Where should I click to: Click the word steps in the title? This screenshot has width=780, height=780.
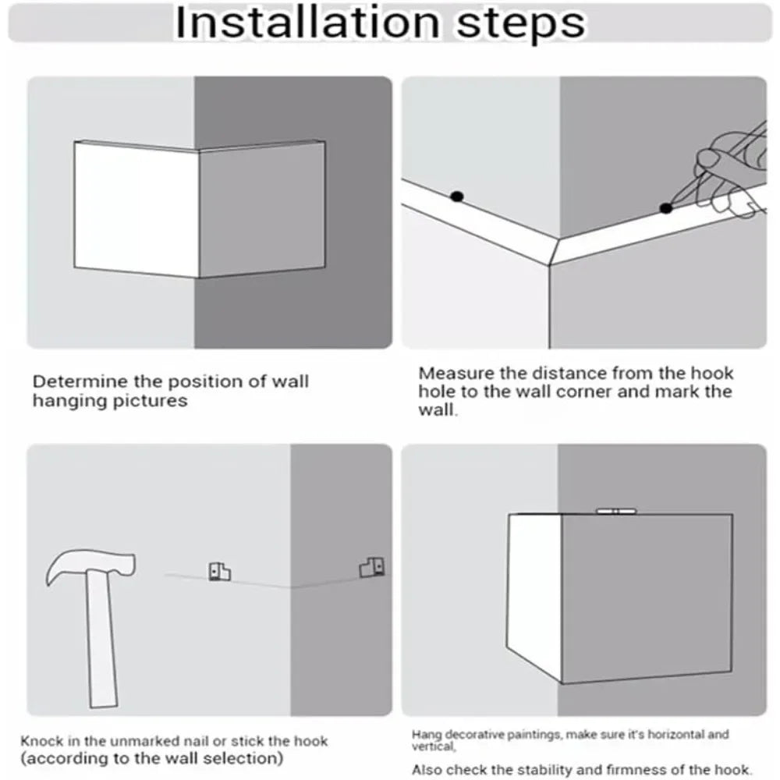[x=521, y=25]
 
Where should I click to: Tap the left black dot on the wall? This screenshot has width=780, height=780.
[x=456, y=197]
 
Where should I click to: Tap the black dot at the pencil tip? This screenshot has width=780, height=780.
[x=665, y=208]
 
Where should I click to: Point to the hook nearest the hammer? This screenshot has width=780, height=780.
[x=219, y=572]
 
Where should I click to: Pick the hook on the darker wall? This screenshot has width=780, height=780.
[x=371, y=568]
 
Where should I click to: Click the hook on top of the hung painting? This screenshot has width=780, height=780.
[x=616, y=511]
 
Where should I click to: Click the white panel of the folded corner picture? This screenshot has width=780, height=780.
[x=136, y=209]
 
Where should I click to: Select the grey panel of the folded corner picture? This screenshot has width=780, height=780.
[x=262, y=209]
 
